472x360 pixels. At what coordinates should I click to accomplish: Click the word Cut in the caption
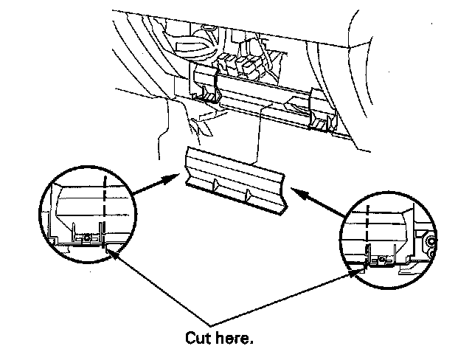click(x=198, y=338)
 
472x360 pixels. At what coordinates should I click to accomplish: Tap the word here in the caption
click(x=232, y=338)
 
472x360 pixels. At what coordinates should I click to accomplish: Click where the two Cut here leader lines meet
click(x=210, y=326)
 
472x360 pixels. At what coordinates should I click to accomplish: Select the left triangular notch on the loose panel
click(x=215, y=185)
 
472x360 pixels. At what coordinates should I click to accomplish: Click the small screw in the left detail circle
click(x=87, y=238)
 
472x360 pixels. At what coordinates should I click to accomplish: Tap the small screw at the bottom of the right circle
click(x=381, y=259)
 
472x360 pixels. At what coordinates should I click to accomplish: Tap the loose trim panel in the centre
click(x=235, y=181)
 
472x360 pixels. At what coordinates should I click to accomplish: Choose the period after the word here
click(x=251, y=342)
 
